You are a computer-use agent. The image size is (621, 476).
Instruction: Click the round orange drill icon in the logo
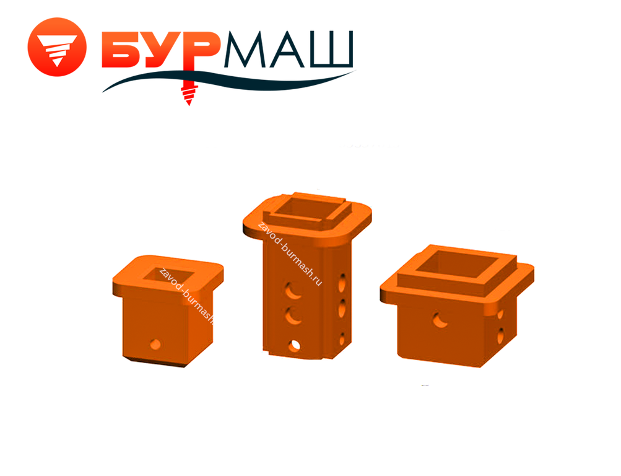[x=57, y=46]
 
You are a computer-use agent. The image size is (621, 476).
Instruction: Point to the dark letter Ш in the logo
[x=331, y=49]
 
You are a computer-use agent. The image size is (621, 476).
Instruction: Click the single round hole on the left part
[x=155, y=344]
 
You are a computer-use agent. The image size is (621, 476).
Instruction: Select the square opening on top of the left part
[x=168, y=275]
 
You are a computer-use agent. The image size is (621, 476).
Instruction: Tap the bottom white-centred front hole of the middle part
[x=294, y=346]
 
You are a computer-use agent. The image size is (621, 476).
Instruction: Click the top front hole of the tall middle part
[x=293, y=291]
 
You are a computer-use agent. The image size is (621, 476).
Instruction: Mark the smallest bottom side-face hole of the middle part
[x=342, y=340]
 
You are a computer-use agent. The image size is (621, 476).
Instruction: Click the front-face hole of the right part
[x=440, y=320]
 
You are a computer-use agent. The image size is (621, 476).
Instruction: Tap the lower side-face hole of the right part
[x=501, y=335]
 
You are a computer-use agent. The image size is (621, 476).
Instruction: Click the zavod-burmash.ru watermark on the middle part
[x=290, y=254]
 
